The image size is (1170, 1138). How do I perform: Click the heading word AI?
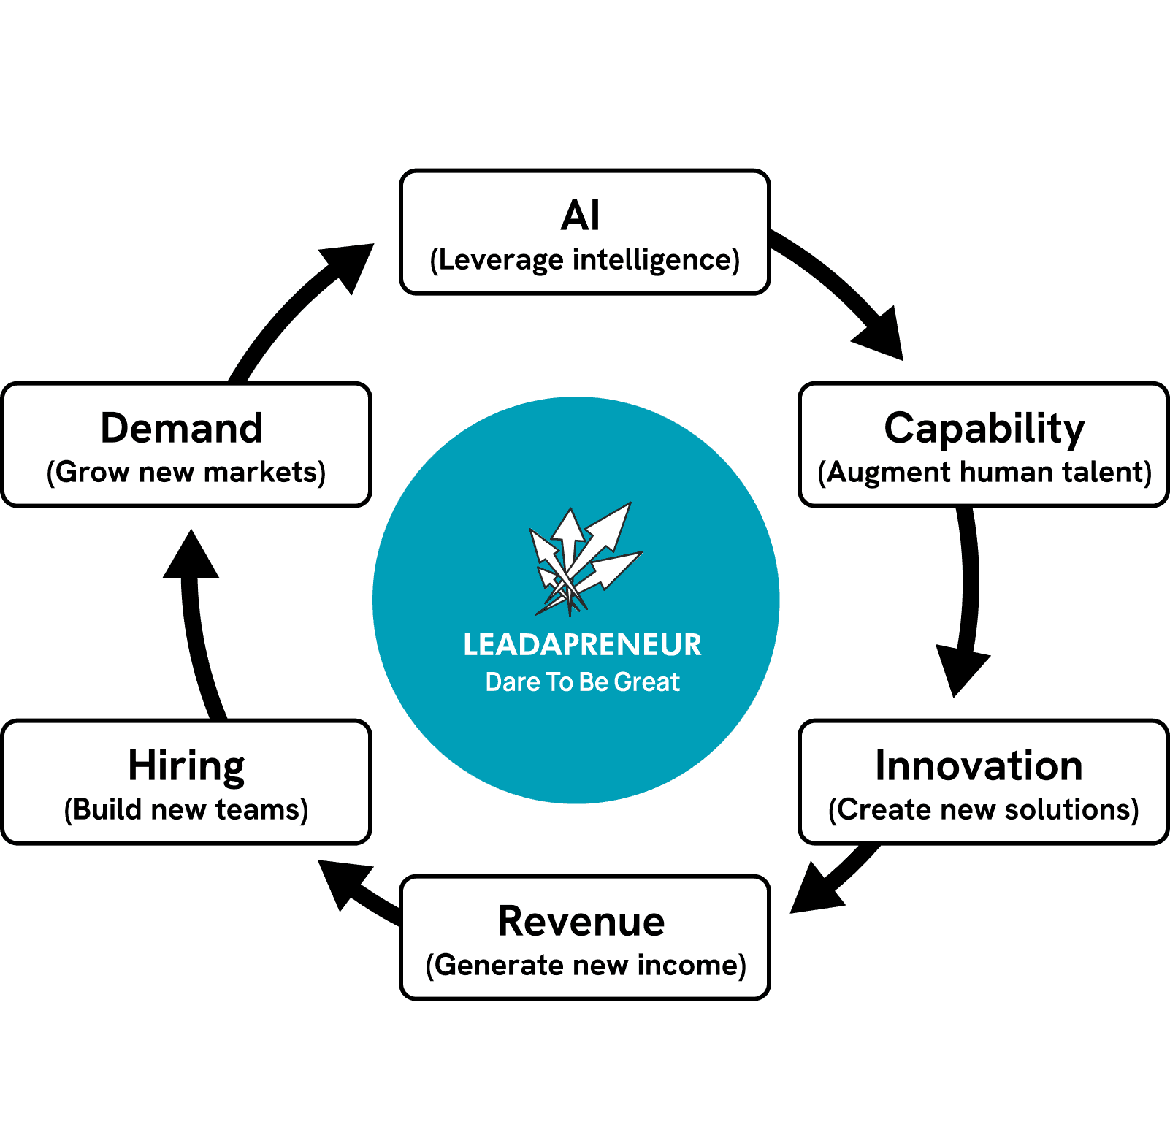point(581,215)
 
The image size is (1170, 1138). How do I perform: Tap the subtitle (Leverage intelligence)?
point(585,260)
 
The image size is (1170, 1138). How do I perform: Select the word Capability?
point(984,428)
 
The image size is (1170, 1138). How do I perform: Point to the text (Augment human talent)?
point(984,473)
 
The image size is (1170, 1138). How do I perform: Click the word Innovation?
point(979,765)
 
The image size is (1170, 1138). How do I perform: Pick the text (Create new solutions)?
point(984,810)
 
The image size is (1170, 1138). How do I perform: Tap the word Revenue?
point(581,921)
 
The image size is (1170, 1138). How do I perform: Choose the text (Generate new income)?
point(586,966)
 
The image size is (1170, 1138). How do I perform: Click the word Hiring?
point(186,765)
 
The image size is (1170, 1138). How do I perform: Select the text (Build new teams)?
point(186,810)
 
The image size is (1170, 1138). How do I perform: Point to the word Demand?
point(181,428)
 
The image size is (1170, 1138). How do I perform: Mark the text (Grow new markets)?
point(186,473)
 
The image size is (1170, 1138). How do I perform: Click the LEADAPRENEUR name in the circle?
point(582,645)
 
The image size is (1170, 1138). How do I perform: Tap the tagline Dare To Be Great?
point(582,682)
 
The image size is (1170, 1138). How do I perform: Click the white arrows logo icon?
point(584,559)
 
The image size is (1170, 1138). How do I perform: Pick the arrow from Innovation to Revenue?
point(833,880)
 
